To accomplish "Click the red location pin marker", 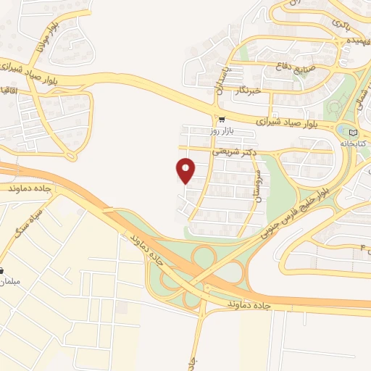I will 186,170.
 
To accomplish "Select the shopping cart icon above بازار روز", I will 221,120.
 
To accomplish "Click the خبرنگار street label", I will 247,91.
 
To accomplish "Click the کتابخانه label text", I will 354,144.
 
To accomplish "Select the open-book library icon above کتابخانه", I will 353,133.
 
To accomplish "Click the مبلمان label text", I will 11,281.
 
